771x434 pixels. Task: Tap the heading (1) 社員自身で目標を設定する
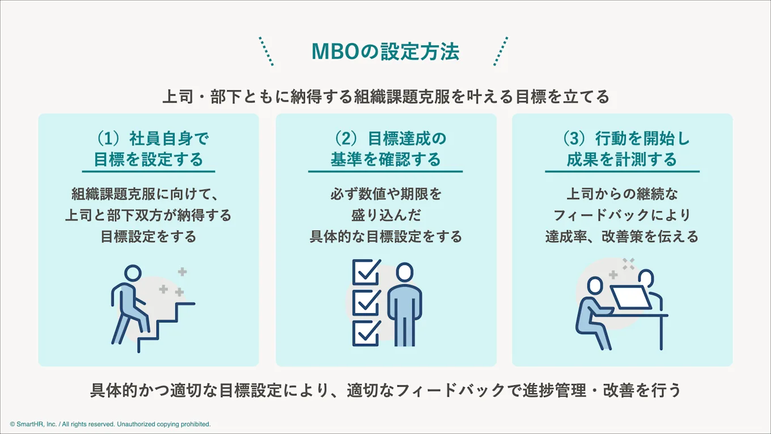pyautogui.click(x=148, y=149)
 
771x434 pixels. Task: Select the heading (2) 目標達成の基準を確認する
pyautogui.click(x=385, y=149)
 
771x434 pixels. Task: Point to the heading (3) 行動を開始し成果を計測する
pyautogui.click(x=622, y=149)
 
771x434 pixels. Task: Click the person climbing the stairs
pyautogui.click(x=129, y=304)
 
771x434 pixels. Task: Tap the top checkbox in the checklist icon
pyautogui.click(x=366, y=273)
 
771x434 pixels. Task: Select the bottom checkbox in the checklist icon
pyautogui.click(x=366, y=333)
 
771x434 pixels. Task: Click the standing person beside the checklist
pyautogui.click(x=404, y=304)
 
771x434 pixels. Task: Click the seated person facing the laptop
pyautogui.click(x=592, y=312)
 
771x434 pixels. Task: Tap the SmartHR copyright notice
pyautogui.click(x=110, y=424)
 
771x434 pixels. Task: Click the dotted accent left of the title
pyautogui.click(x=266, y=52)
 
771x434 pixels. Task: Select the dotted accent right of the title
pyautogui.click(x=501, y=52)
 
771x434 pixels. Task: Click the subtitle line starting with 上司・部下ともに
pyautogui.click(x=385, y=96)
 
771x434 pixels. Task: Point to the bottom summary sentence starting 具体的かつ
pyautogui.click(x=385, y=391)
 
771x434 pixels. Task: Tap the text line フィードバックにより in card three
pyautogui.click(x=622, y=215)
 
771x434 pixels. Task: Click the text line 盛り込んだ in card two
pyautogui.click(x=385, y=215)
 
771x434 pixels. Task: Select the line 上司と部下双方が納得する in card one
pyautogui.click(x=148, y=215)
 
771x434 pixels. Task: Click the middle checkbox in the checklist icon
pyautogui.click(x=366, y=303)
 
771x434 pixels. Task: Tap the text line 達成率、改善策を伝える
pyautogui.click(x=622, y=236)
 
